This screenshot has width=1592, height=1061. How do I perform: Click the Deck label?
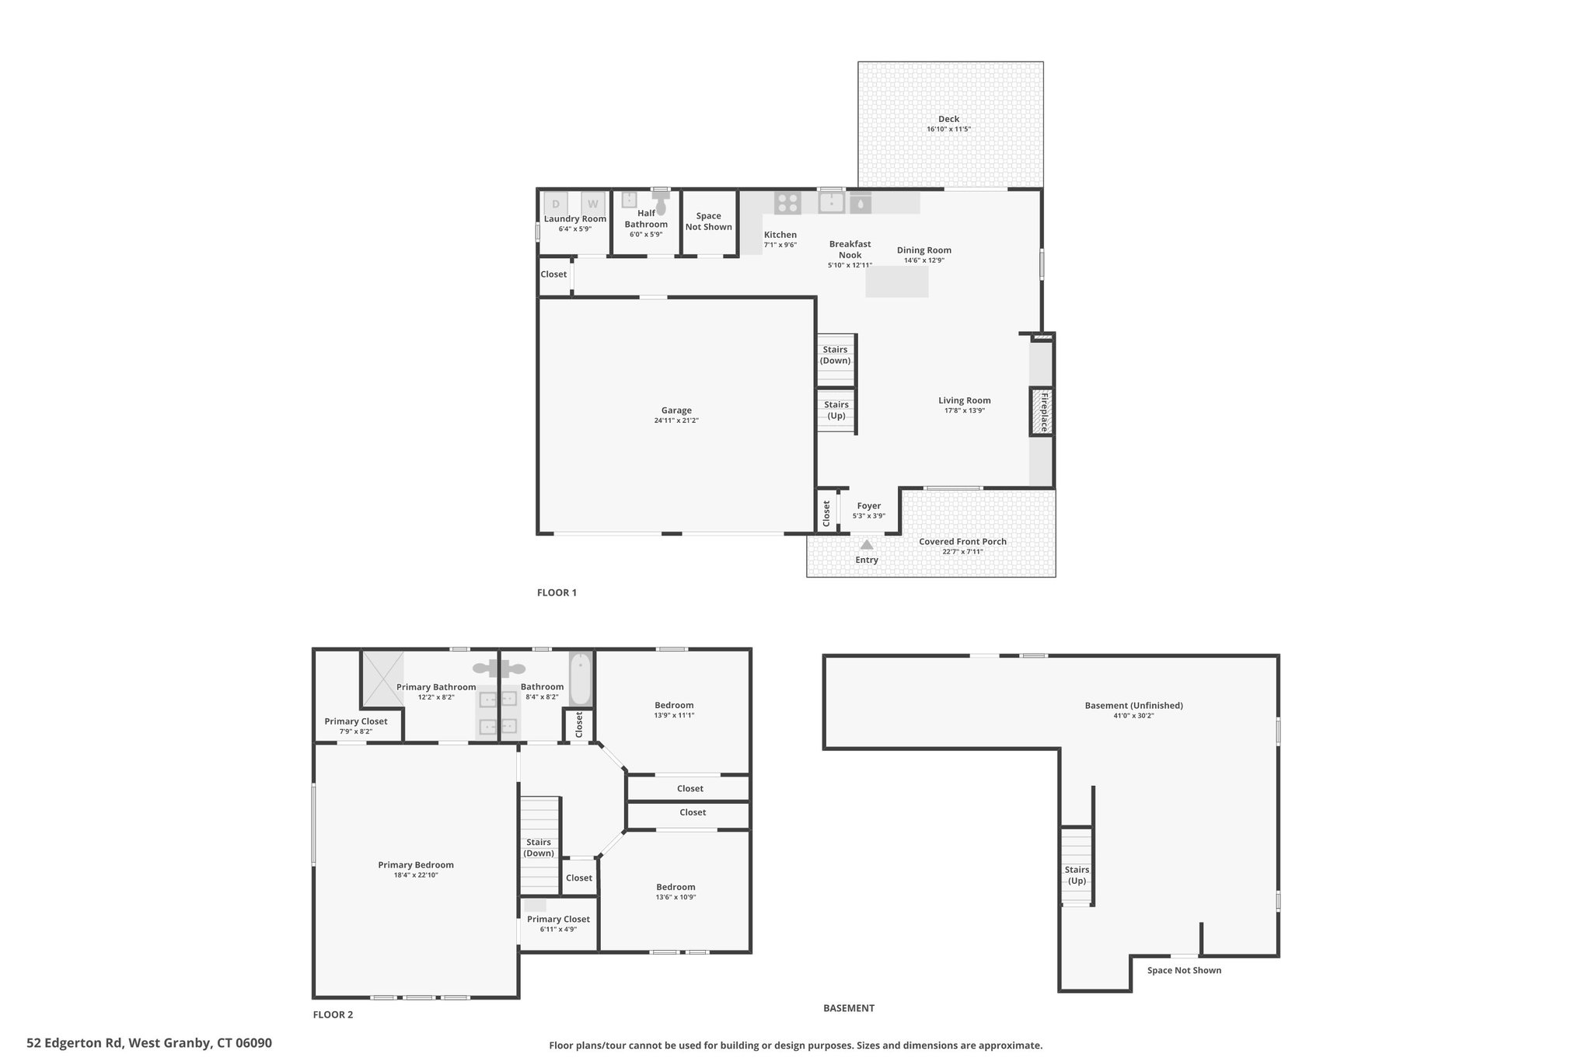pos(948,119)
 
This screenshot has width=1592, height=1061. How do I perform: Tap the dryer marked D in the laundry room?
pos(555,204)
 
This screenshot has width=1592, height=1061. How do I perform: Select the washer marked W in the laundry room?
pos(593,204)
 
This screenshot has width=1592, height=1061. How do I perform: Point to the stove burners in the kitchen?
pos(787,203)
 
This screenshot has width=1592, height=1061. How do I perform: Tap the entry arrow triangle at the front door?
pos(867,545)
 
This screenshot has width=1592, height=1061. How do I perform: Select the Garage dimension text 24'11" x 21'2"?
pos(676,421)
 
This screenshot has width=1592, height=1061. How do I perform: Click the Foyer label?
pos(869,506)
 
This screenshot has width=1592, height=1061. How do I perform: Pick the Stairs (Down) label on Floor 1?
pos(836,355)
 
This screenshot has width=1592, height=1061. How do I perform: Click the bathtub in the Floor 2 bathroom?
pos(581,679)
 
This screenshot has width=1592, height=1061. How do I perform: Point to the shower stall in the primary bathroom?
pos(382,678)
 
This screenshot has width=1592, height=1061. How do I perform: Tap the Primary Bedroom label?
pos(416,865)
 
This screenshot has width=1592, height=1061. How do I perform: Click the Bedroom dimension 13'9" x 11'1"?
pos(674,715)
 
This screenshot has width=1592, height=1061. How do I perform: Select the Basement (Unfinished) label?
pos(1133,706)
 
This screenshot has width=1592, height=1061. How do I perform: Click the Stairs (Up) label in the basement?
pos(1077,875)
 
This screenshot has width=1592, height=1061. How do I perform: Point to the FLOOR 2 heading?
pos(333,1014)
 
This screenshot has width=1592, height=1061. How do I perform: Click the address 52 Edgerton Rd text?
pos(75,1043)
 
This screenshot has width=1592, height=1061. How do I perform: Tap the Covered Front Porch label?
pos(962,542)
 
